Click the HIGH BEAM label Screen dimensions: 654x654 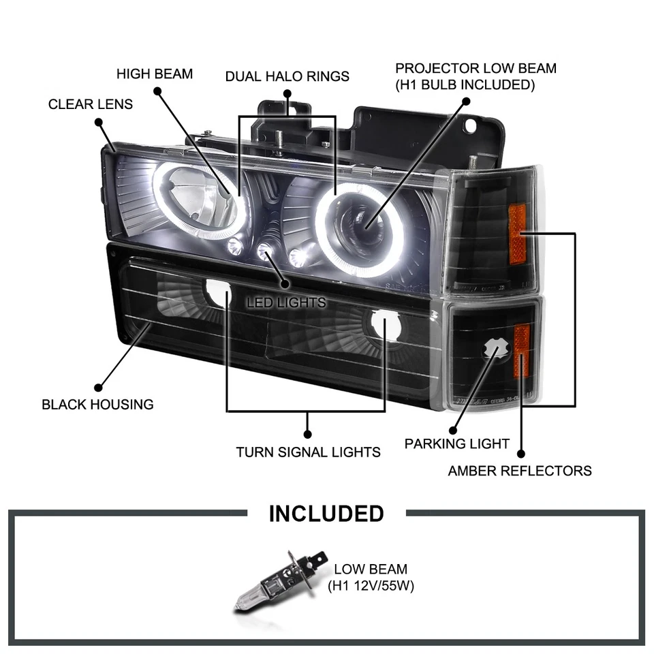tap(155, 74)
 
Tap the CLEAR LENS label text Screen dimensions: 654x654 tap(90, 104)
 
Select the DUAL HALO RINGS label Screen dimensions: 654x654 tap(287, 76)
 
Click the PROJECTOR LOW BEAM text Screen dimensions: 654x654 tap(476, 69)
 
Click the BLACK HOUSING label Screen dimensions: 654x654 tap(97, 404)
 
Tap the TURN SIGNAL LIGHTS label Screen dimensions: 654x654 tap(308, 451)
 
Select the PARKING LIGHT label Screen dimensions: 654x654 tap(456, 443)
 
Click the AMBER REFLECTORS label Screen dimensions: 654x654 tap(519, 470)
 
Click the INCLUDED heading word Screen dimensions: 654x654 tap(326, 513)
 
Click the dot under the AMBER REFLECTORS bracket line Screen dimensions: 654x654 tap(521, 452)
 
